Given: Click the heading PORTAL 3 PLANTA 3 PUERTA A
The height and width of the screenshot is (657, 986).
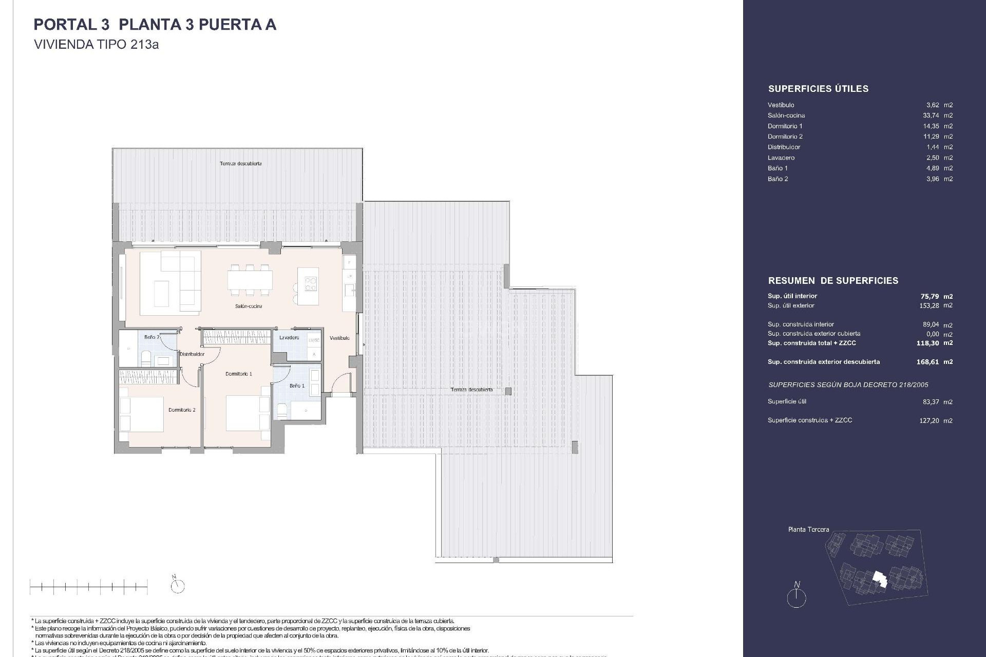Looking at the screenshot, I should point(155,25).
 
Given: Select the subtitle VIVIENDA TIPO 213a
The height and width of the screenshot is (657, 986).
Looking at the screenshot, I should point(96,45).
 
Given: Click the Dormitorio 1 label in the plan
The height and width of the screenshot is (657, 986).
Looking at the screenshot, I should point(238,374).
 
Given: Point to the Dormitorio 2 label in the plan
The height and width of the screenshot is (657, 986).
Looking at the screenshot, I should point(182,410).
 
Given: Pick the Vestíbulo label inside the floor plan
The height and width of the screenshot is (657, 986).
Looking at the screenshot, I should point(339,338).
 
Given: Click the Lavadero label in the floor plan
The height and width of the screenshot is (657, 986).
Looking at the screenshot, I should point(289,338).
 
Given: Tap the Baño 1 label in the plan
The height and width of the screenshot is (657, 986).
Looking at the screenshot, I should point(297,385).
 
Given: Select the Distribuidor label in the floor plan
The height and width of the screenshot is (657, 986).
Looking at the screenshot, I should point(192,354).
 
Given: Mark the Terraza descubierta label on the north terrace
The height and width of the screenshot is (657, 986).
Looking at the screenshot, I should point(240,164).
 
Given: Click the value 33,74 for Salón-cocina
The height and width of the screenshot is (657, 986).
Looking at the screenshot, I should point(931,115).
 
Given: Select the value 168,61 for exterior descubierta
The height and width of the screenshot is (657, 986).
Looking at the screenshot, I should point(927,362).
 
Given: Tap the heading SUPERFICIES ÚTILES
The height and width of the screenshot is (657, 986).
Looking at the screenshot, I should point(818,89).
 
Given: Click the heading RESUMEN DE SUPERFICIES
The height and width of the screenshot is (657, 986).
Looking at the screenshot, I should point(833,281).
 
